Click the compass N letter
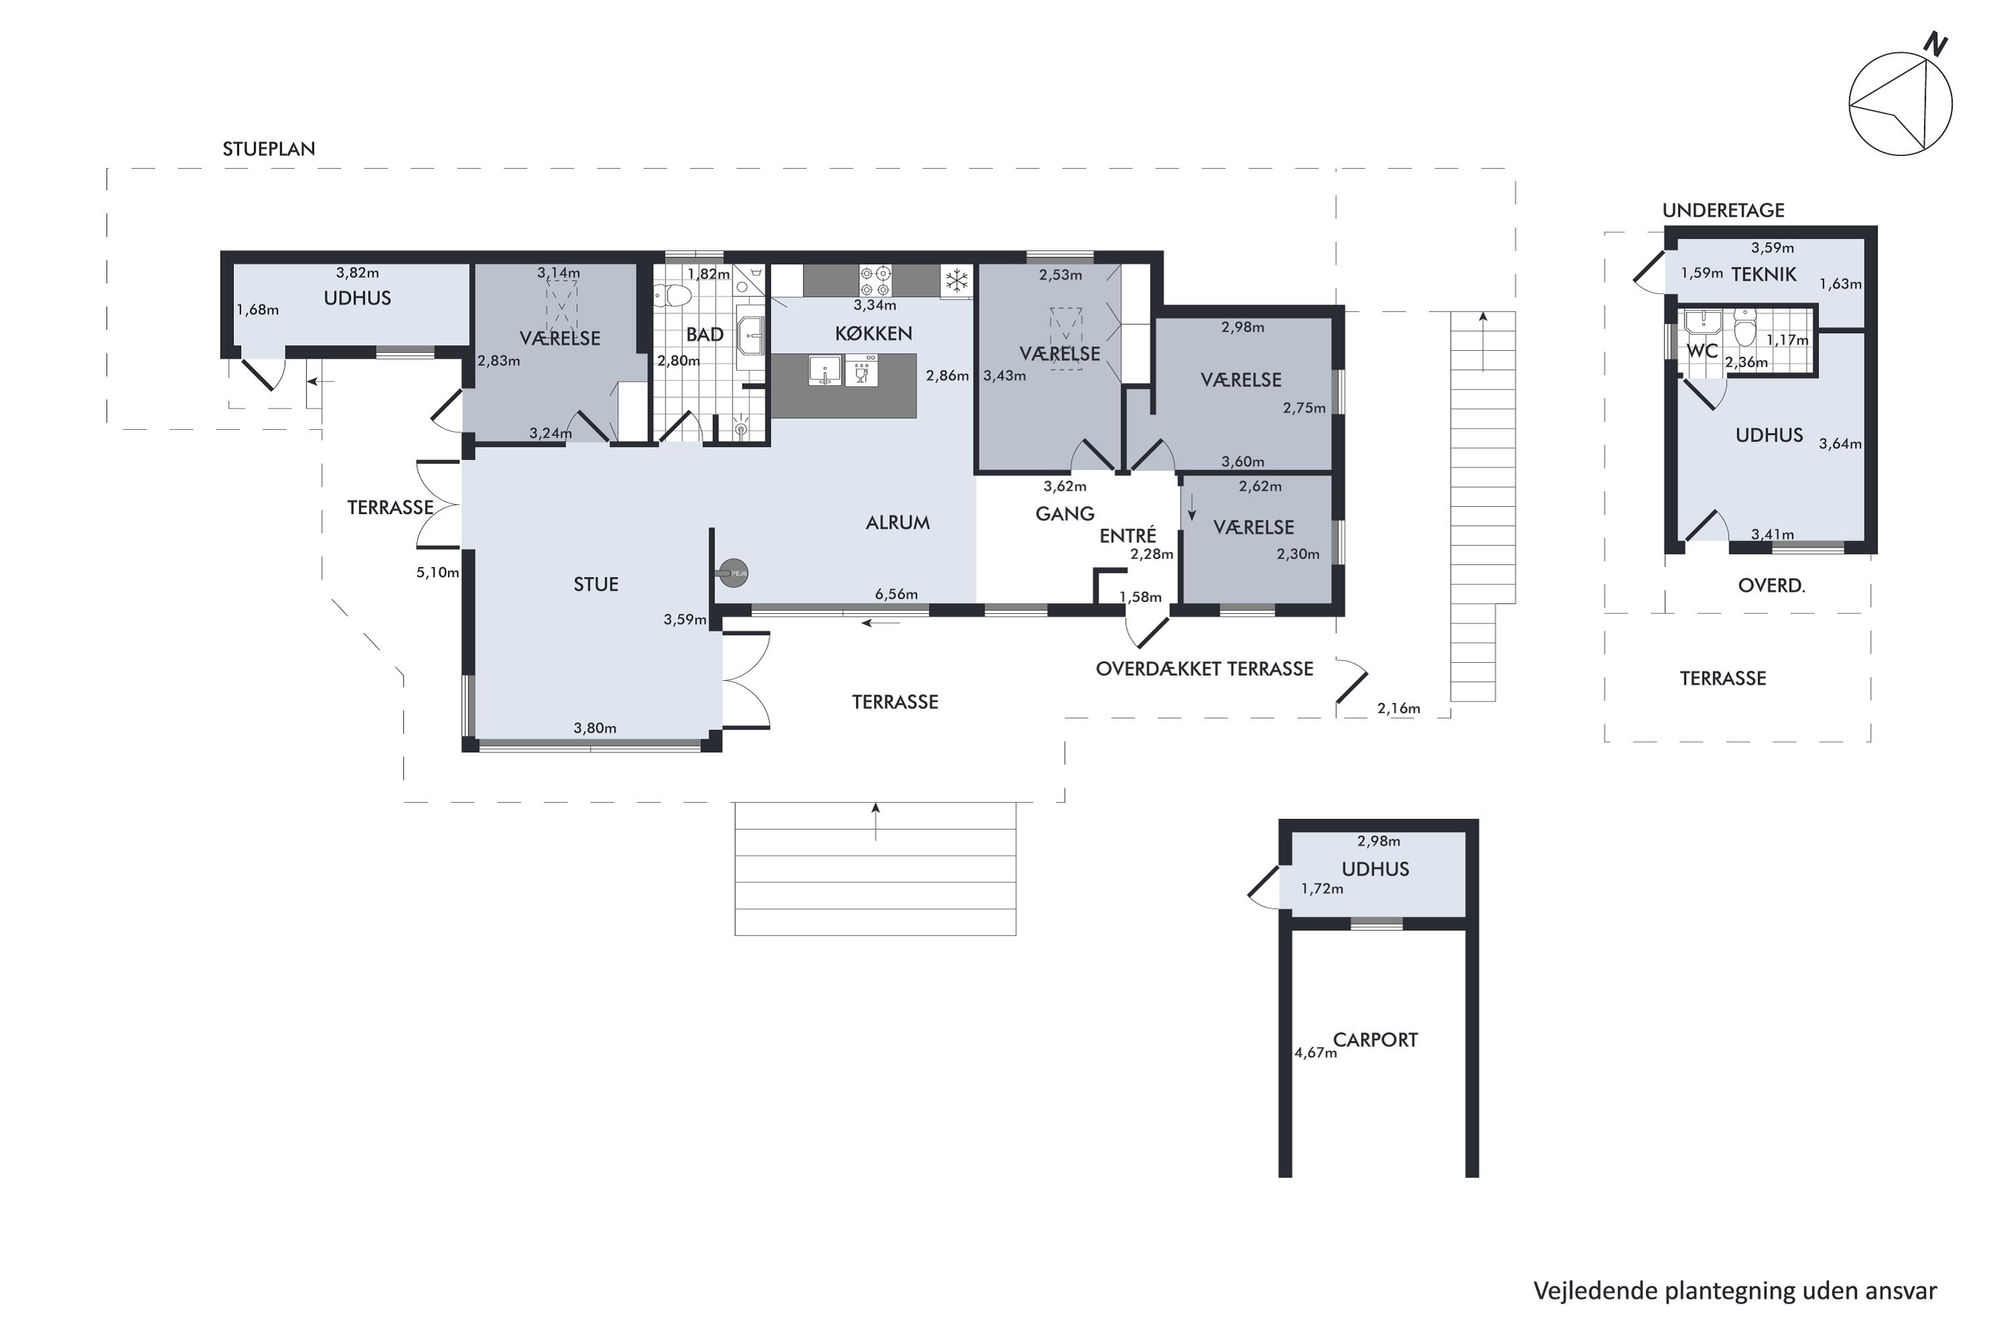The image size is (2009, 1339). (1935, 44)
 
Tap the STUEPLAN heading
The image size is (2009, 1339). (269, 149)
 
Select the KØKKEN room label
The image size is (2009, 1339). (873, 334)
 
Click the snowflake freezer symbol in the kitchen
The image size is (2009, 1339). (957, 280)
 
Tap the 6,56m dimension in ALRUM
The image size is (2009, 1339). (896, 595)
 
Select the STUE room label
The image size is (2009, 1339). (595, 585)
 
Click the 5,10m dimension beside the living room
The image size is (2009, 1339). (437, 573)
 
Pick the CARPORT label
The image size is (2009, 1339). (1375, 1040)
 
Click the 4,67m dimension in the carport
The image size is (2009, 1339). (1315, 1053)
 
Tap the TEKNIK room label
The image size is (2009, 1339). (1764, 275)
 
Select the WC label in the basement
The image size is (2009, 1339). (1702, 351)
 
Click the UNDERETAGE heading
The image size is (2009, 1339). (1723, 211)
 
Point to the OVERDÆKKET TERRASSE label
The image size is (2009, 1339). (1204, 669)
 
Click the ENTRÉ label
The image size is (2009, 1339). (1128, 536)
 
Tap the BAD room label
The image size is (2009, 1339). (704, 335)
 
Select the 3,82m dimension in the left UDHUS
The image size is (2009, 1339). (357, 273)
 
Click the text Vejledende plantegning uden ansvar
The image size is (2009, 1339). (1735, 1291)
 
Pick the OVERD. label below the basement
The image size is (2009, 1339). (1771, 586)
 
